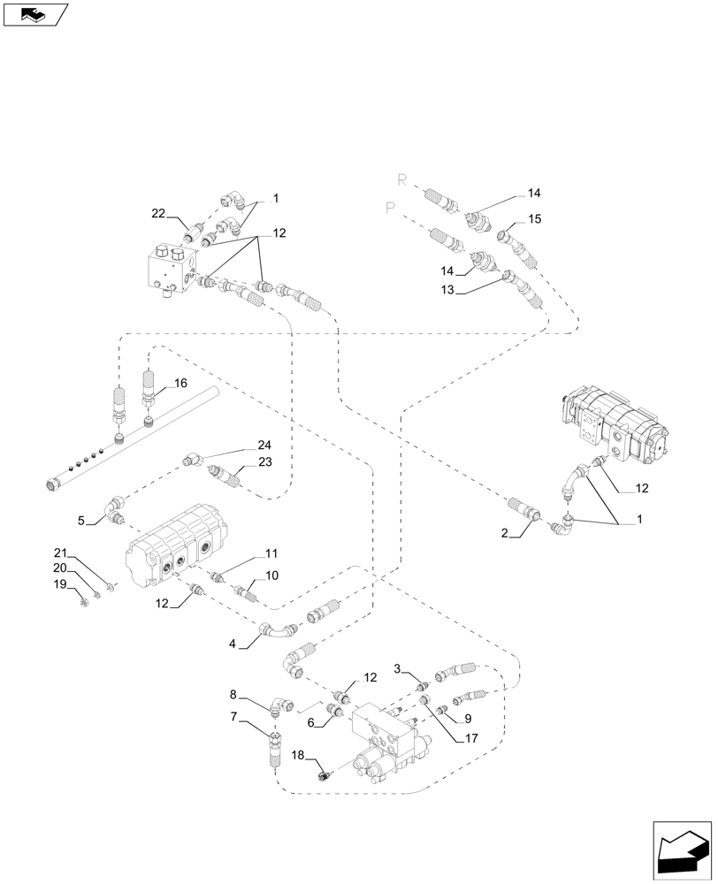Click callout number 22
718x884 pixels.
[158, 213]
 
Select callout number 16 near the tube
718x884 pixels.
[180, 383]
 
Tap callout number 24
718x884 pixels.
[264, 446]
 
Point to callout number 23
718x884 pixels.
[264, 461]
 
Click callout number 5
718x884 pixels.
[81, 521]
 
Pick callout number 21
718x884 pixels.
[60, 551]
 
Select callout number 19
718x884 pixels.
[60, 584]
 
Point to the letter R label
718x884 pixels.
[401, 179]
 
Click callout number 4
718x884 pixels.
[233, 644]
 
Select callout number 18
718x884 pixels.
[299, 757]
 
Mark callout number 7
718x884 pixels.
[233, 717]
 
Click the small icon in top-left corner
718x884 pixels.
[35, 14]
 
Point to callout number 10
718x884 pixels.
[272, 575]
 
